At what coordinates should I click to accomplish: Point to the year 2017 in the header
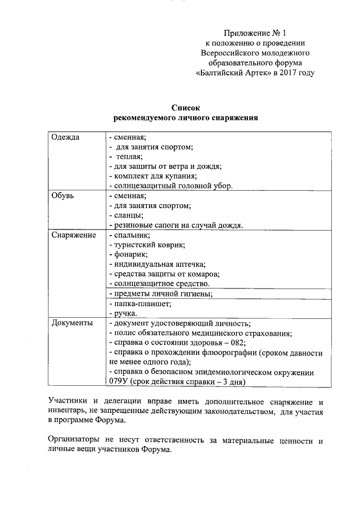point(286,73)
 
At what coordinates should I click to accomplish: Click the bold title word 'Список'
point(186,107)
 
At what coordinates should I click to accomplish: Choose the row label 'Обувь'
point(62,196)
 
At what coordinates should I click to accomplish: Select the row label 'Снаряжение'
point(73,235)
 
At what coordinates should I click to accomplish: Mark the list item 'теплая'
point(129,156)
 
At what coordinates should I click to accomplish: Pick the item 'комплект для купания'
point(152,176)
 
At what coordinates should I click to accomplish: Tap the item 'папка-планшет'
point(141,303)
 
